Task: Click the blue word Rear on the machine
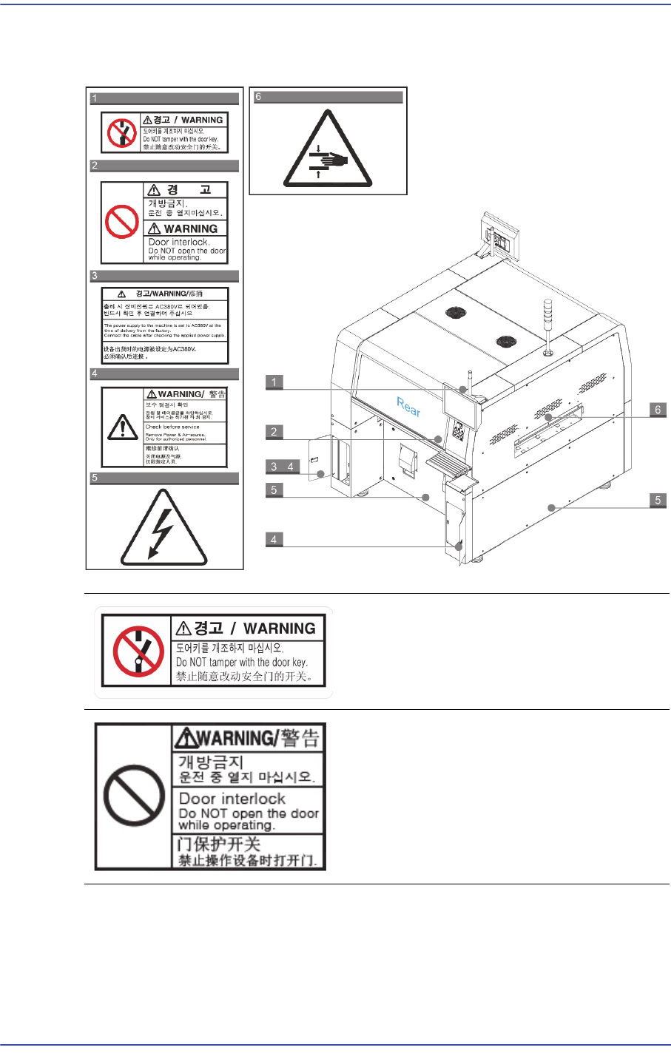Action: click(409, 406)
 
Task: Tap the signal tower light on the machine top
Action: click(548, 325)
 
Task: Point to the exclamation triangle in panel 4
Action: click(122, 427)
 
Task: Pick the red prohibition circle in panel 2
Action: click(122, 221)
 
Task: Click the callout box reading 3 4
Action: click(282, 467)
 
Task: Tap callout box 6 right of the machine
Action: click(658, 410)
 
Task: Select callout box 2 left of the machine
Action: click(274, 432)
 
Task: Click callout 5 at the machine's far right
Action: click(658, 501)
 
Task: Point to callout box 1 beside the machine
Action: click(274, 382)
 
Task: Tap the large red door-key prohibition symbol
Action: click(138, 651)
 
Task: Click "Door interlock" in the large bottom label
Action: click(232, 799)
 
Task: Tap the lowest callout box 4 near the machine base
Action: click(274, 539)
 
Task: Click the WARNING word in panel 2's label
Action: click(190, 229)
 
